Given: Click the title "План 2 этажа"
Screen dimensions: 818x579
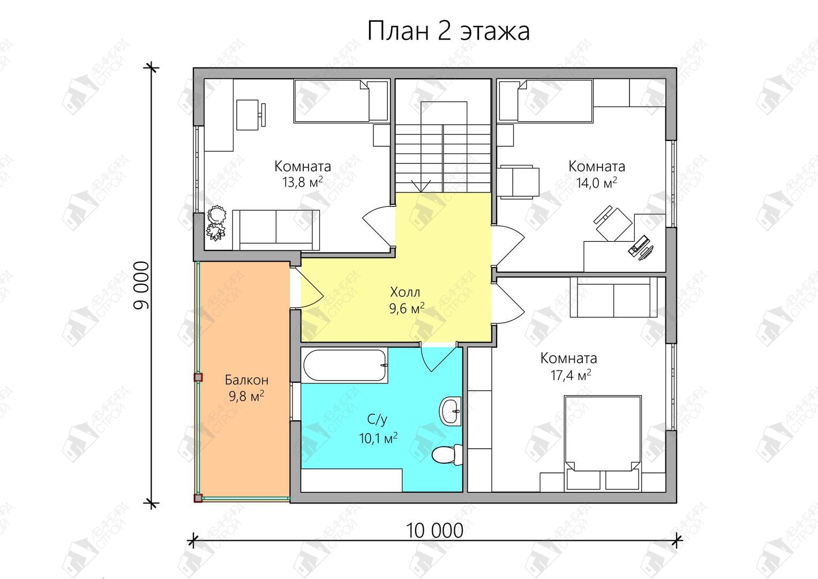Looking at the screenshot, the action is click(448, 31).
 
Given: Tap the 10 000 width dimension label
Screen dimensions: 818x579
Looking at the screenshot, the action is click(434, 531).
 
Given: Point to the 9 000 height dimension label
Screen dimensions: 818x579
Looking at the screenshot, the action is click(141, 286).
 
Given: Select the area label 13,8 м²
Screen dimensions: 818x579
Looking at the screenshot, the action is click(302, 182).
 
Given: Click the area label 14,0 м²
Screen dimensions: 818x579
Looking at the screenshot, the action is click(597, 182).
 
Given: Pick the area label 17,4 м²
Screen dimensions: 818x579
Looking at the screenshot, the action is click(571, 375).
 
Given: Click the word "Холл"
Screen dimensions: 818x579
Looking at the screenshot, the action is click(405, 292).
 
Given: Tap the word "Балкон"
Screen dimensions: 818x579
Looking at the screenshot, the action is click(246, 380).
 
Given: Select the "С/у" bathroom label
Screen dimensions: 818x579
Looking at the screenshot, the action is click(377, 420).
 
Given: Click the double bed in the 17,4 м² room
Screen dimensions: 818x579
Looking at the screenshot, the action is click(603, 443).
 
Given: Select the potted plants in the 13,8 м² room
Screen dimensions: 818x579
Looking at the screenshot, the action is click(216, 223).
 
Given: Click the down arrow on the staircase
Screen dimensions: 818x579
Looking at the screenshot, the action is click(421, 186).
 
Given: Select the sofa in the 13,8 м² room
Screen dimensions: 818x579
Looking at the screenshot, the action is click(276, 230).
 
